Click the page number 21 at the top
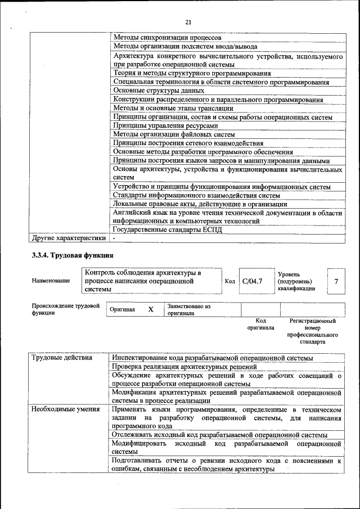[188, 22]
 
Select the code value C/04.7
[252, 281]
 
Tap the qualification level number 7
[336, 281]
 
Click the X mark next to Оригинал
[151, 309]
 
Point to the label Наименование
[51, 281]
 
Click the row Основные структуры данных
[159, 90]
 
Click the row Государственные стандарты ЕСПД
[168, 229]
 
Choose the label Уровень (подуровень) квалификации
[296, 281]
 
